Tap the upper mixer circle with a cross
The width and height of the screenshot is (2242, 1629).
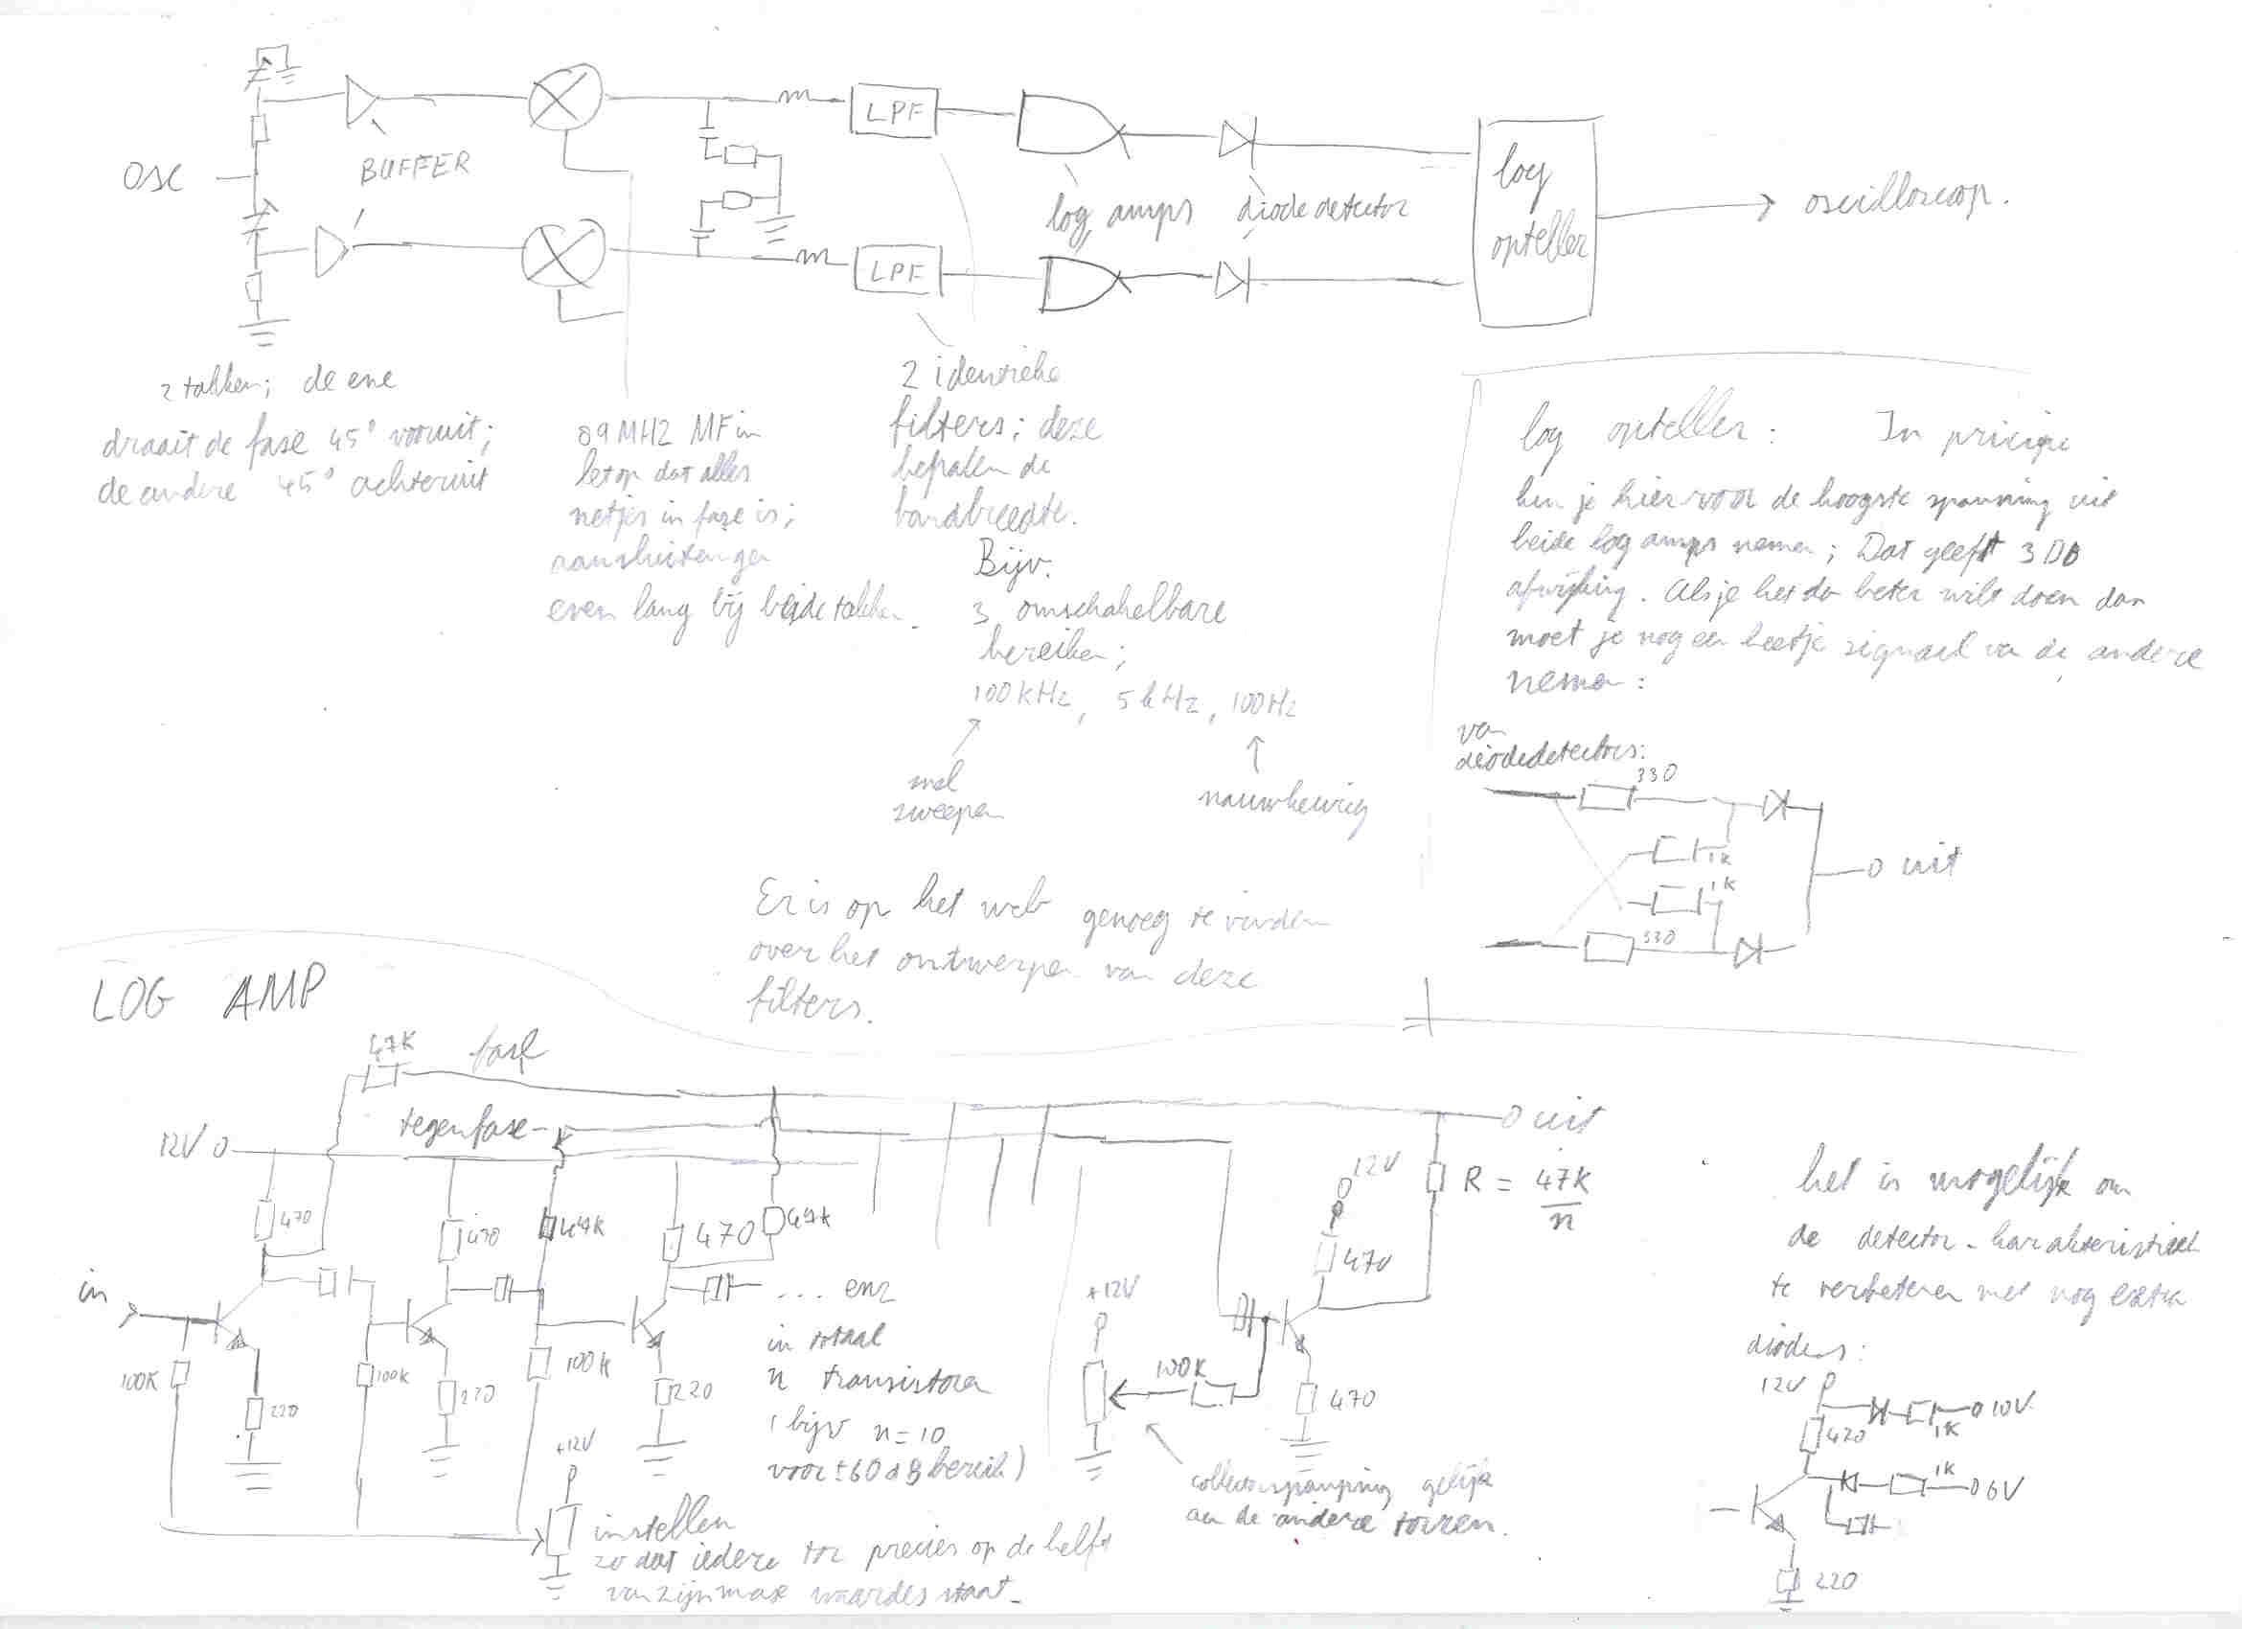point(565,99)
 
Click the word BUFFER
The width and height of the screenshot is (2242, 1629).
point(414,168)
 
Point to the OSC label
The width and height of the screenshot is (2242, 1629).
point(152,179)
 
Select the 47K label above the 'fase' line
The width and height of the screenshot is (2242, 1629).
point(392,1044)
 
